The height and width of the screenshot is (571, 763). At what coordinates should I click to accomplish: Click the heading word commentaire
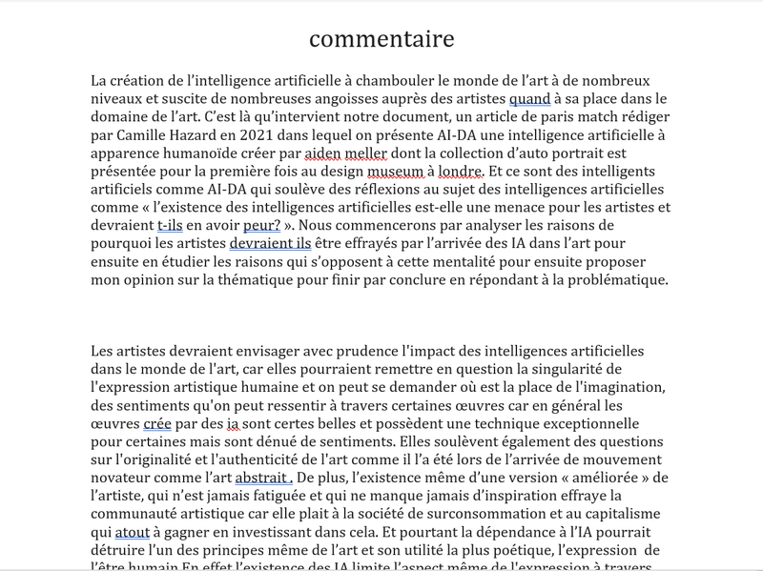[x=381, y=39]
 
